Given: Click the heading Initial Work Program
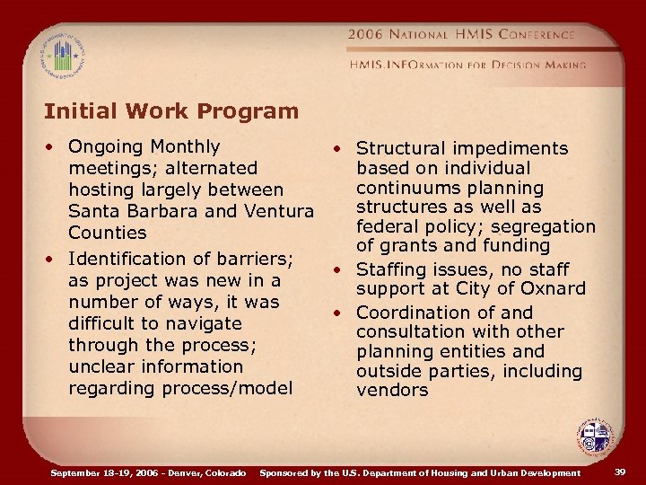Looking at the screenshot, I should point(171,112).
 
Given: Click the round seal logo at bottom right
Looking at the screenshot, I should point(594,437).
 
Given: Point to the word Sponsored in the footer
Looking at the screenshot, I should point(288,472).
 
